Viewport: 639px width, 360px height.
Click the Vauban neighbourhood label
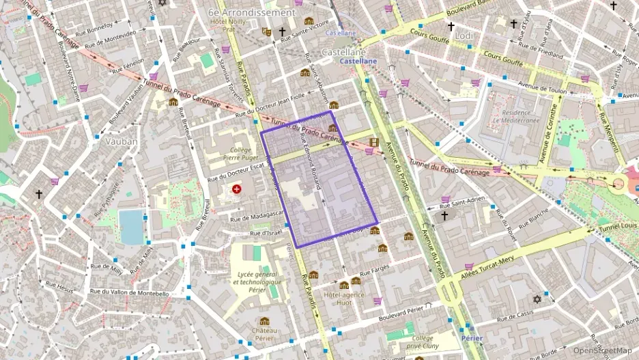click(x=122, y=141)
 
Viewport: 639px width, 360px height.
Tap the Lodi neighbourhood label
click(x=464, y=35)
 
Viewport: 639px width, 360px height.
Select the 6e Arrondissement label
click(x=252, y=12)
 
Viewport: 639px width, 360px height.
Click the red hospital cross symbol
click(x=237, y=189)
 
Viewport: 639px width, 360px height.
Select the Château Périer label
click(x=264, y=333)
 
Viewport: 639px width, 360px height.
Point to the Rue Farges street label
click(x=375, y=272)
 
